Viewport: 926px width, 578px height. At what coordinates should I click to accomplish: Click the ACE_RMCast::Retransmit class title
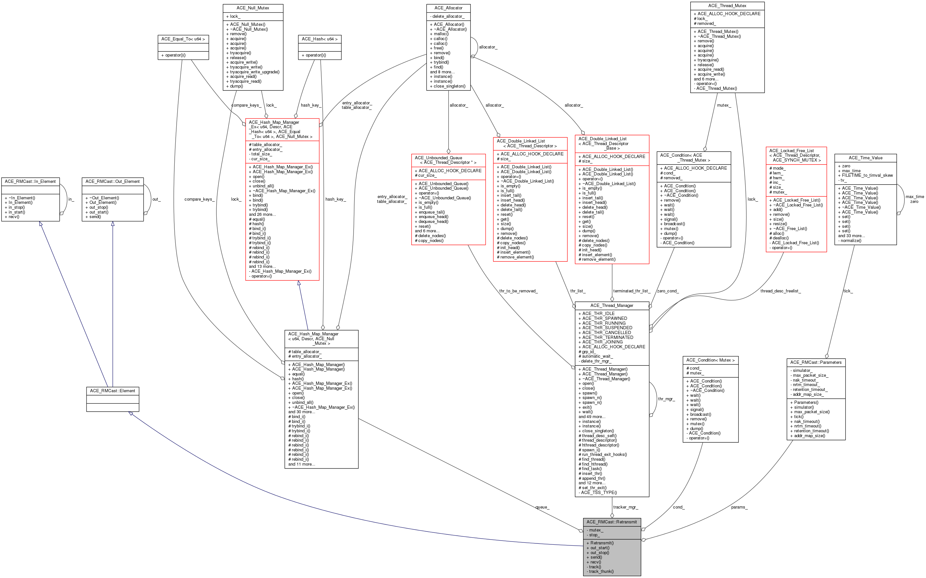(x=611, y=522)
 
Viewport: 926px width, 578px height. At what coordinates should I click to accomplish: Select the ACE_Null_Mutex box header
(x=252, y=8)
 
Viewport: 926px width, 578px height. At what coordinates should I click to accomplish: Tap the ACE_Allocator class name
(x=448, y=8)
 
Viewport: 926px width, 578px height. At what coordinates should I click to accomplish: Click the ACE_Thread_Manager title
(x=611, y=305)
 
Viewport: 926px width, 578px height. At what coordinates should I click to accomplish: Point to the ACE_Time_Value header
(x=865, y=158)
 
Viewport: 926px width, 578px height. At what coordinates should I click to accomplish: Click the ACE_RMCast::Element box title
(x=112, y=391)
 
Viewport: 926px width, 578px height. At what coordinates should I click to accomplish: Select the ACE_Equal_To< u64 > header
(x=183, y=39)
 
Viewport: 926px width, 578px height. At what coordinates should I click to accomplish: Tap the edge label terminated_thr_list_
(x=632, y=291)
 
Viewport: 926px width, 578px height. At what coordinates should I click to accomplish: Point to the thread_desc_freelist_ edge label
(x=780, y=291)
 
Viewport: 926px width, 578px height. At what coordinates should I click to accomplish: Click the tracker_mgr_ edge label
(x=625, y=507)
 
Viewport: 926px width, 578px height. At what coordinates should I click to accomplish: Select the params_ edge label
(x=739, y=507)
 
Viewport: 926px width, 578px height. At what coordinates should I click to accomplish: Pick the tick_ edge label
(x=848, y=291)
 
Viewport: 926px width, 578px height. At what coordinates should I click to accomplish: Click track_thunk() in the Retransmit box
(x=601, y=572)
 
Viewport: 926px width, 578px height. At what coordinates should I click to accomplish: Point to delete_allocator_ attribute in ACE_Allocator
(x=448, y=16)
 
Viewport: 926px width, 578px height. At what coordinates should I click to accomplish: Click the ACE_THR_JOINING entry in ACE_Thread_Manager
(x=602, y=342)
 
